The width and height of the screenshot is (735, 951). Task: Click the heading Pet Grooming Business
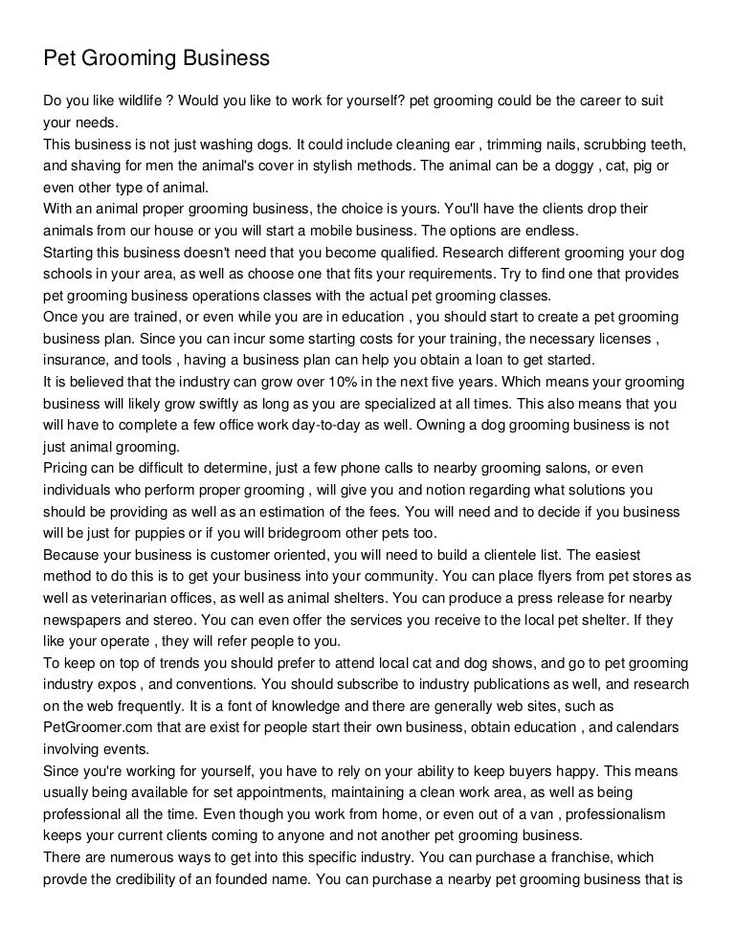pos(157,59)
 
